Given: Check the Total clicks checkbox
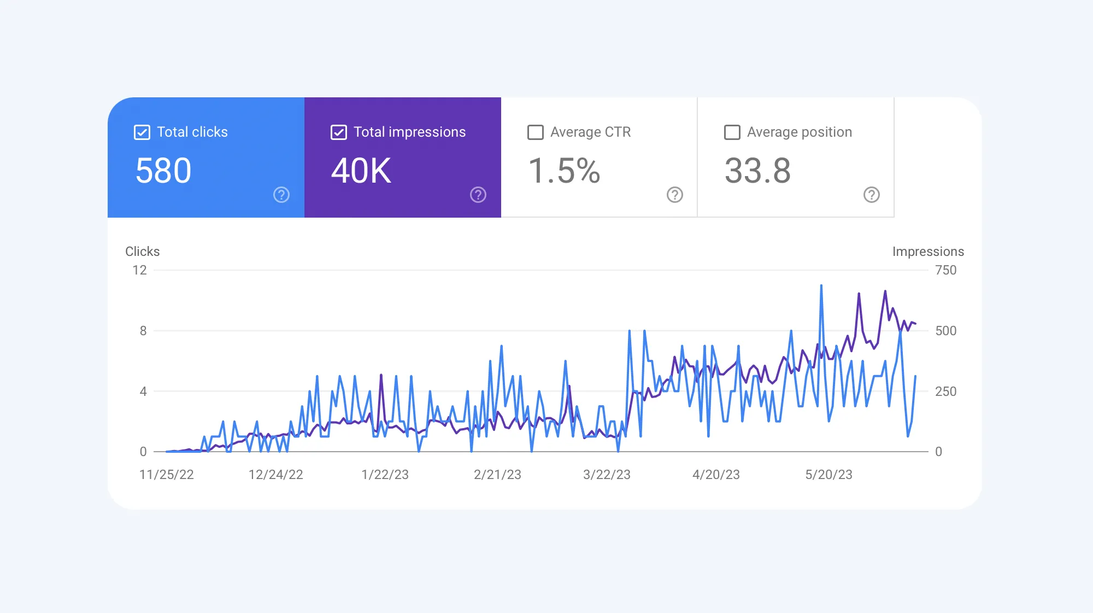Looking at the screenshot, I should point(142,132).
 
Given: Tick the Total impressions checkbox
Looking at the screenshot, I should point(339,132).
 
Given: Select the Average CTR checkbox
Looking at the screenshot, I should point(536,132).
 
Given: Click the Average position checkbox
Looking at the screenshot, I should point(732,132).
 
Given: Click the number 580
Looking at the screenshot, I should point(163,171).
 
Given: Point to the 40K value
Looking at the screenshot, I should point(361,171).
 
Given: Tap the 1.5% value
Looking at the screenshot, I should point(564,171).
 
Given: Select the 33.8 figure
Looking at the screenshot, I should point(757,171).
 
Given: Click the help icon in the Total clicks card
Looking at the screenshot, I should point(281,195).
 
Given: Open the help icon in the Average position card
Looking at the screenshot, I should point(872,195).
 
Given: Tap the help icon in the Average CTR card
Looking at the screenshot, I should point(675,195).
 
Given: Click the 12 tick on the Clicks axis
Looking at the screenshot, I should point(139,270).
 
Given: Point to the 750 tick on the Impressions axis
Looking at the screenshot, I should point(945,270).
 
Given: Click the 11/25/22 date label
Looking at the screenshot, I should point(167,475).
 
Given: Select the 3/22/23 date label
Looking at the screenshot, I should point(607,475).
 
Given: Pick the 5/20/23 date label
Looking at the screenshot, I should point(828,475).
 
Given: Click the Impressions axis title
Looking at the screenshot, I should point(928,252).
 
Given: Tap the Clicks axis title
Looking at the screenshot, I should point(143,252).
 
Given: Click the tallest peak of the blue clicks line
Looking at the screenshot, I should point(821,286).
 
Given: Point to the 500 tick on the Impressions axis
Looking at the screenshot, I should point(945,331).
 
